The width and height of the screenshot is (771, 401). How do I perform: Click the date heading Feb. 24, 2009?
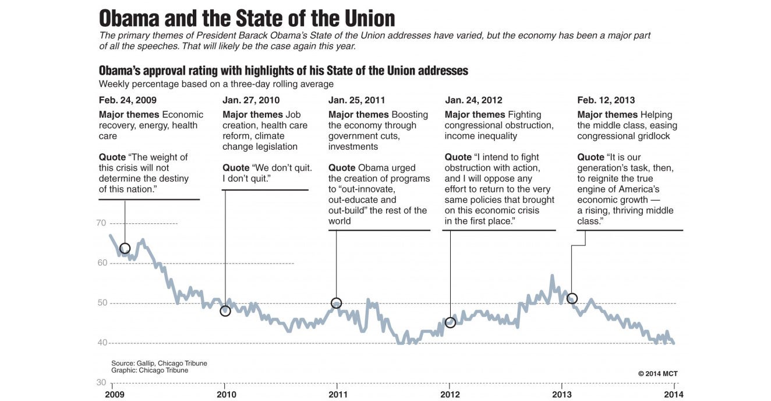click(x=128, y=100)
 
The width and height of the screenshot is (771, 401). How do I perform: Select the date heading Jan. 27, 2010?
click(x=251, y=100)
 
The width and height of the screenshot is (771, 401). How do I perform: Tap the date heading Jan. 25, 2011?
click(x=356, y=100)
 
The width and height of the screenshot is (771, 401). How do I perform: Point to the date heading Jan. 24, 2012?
click(x=473, y=100)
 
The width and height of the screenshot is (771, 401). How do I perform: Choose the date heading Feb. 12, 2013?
click(x=606, y=100)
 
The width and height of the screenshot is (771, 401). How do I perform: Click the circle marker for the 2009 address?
click(x=125, y=248)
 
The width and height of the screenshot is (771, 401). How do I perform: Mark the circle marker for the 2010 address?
click(x=225, y=311)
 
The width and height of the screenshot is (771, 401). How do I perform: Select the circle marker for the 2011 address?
click(x=336, y=303)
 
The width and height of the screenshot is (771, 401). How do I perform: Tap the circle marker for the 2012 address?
click(x=450, y=322)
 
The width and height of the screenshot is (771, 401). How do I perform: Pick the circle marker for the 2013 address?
click(x=572, y=298)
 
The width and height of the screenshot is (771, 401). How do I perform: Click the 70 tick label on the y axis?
click(x=101, y=223)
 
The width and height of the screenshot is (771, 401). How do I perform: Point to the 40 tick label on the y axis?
click(x=101, y=343)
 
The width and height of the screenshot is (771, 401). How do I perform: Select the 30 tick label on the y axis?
click(x=101, y=382)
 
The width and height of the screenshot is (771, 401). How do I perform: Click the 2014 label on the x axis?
click(x=674, y=394)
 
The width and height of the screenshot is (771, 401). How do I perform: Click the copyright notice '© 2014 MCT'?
click(x=657, y=374)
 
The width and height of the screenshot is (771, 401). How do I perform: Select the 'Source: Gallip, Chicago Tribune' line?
click(x=159, y=363)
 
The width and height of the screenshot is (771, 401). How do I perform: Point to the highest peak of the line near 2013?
click(x=552, y=276)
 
